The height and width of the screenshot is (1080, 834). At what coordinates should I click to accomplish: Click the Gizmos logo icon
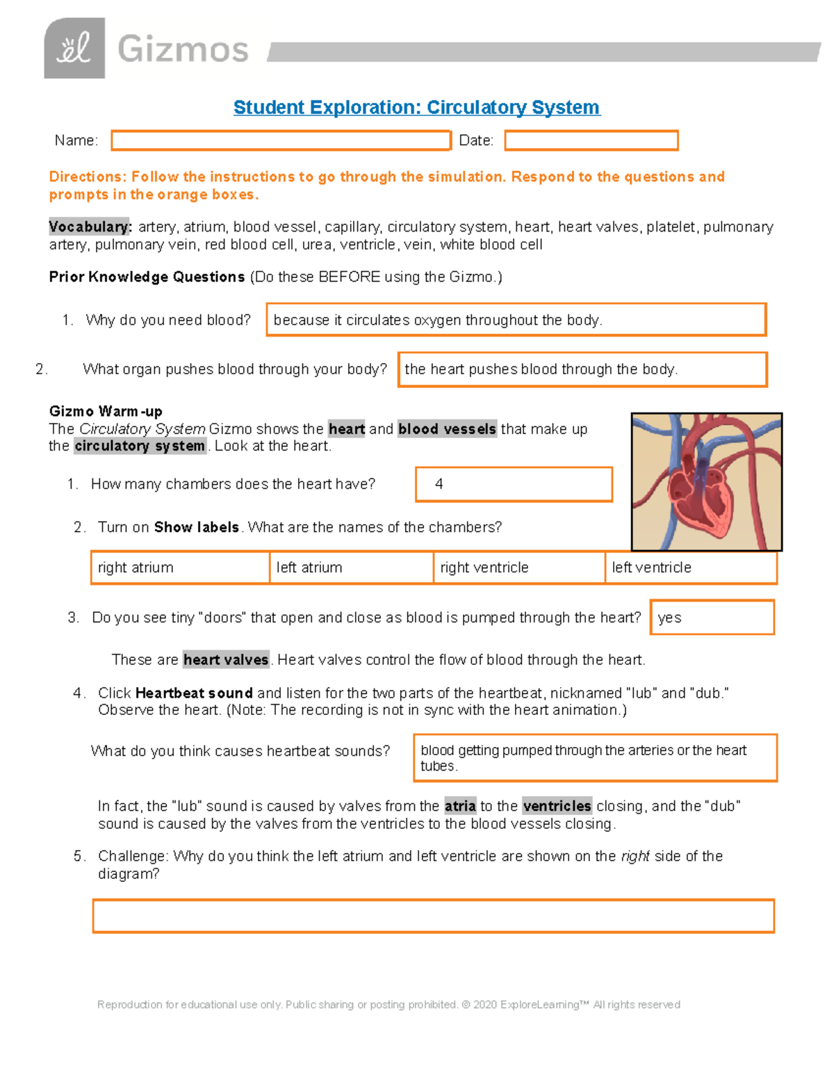(x=74, y=49)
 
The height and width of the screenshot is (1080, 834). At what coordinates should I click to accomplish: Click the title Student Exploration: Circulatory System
(x=416, y=107)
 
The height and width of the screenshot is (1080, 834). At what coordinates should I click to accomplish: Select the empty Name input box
(x=281, y=140)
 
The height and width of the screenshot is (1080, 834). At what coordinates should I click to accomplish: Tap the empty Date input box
(x=591, y=140)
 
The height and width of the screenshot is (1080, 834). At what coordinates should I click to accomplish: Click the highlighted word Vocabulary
(x=90, y=227)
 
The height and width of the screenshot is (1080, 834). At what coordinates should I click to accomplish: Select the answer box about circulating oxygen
(x=516, y=320)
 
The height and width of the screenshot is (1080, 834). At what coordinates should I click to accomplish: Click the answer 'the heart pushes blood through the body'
(x=582, y=369)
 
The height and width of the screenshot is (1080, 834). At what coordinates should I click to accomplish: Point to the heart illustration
(x=706, y=482)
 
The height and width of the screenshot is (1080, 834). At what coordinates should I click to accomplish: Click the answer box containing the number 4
(x=514, y=484)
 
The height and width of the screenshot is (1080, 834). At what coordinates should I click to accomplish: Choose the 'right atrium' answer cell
(x=180, y=567)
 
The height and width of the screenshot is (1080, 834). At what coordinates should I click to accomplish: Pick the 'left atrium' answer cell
(x=351, y=567)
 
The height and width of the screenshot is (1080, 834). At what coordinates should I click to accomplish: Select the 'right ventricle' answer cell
(x=518, y=567)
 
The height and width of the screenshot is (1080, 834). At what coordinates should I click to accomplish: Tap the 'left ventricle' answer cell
(x=690, y=567)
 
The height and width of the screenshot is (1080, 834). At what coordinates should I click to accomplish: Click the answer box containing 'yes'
(x=712, y=618)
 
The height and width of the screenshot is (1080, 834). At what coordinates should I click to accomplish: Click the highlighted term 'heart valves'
(x=226, y=659)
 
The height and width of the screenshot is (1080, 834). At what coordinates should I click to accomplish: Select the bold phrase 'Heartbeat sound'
(x=194, y=693)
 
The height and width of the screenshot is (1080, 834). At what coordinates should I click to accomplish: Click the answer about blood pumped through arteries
(x=595, y=758)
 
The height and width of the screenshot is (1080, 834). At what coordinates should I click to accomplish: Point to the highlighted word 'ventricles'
(x=557, y=806)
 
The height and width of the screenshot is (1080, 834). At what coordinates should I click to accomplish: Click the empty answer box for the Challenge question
(x=433, y=916)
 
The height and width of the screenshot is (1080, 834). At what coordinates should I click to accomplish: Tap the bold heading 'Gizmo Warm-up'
(x=106, y=411)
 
